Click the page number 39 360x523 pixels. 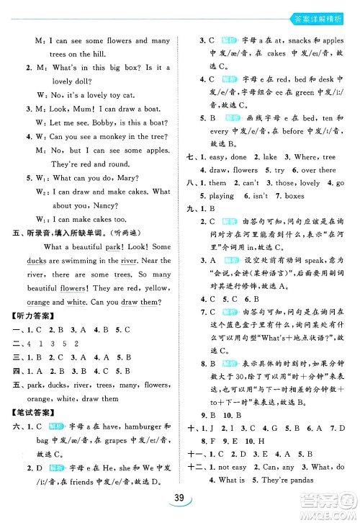(x=179, y=502)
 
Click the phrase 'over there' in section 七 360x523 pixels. (x=318, y=170)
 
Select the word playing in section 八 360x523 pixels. (x=221, y=196)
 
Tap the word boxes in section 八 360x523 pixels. (x=296, y=196)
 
